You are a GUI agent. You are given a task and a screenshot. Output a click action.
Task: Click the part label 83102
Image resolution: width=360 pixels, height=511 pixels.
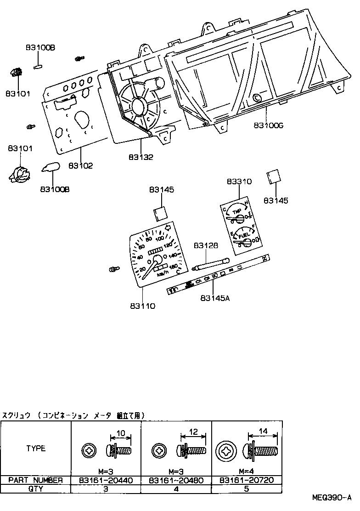81,166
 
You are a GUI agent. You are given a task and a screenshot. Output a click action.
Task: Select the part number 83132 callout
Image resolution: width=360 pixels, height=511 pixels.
141,157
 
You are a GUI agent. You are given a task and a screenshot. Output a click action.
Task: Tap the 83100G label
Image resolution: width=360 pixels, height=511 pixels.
268,125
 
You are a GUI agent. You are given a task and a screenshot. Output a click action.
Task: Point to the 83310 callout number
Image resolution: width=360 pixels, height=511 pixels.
239,182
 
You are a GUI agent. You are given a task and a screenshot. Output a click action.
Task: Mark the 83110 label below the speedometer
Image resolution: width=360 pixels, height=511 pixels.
142,306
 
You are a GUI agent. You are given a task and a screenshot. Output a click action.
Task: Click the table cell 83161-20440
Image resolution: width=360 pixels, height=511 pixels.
106,480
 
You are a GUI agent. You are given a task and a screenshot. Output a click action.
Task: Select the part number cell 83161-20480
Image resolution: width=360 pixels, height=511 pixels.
176,480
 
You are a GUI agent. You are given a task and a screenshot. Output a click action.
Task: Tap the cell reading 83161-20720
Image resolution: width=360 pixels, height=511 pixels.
246,480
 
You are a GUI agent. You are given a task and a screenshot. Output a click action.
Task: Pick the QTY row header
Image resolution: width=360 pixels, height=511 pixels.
36,489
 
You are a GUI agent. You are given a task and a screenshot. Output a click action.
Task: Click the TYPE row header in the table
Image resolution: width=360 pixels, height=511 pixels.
36,449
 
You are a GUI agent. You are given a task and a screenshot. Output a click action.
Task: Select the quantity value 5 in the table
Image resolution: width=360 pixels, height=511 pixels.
246,489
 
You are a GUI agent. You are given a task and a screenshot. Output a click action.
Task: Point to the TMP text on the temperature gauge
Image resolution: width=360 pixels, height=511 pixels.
237,211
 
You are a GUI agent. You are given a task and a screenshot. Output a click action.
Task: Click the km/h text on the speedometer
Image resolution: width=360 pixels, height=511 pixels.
163,274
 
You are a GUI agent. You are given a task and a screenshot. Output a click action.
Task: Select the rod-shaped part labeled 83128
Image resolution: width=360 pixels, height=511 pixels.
212,263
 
